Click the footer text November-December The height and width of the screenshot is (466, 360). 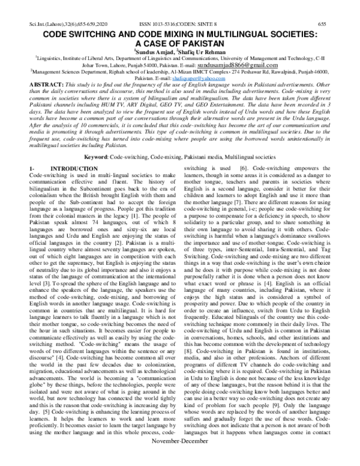pos(179,458)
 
